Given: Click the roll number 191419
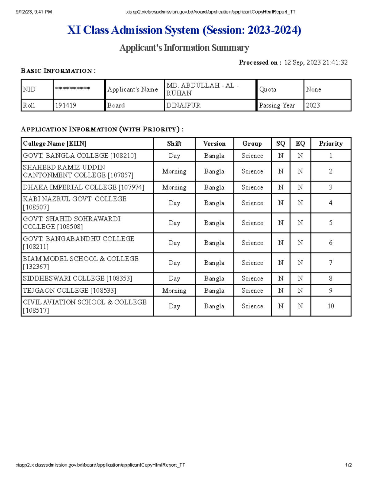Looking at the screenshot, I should [66, 105].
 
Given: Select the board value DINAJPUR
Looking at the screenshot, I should [183, 105].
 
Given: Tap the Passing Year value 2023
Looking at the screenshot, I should [313, 105].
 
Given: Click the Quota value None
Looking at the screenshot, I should [313, 89].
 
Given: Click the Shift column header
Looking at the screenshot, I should [174, 143].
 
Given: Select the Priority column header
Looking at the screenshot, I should [331, 143].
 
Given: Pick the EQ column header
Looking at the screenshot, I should [300, 143].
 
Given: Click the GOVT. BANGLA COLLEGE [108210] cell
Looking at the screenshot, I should [79, 156].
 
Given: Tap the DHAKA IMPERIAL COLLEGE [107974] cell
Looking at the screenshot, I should [83, 187].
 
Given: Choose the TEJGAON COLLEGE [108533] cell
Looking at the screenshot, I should [69, 291].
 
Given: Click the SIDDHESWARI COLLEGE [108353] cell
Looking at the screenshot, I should [77, 279].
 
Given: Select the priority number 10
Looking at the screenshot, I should [331, 306].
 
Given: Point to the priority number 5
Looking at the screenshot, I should [331, 223].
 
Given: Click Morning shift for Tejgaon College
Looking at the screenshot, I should [174, 291].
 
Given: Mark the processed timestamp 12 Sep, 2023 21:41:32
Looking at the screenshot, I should [316, 63].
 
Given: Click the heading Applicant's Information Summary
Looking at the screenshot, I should [184, 48].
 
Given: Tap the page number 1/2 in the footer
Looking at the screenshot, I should [348, 465].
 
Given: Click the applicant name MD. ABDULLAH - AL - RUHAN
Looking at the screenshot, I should [202, 89].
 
